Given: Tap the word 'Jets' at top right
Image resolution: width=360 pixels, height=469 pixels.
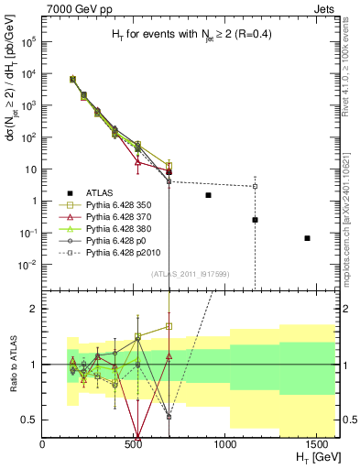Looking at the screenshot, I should [323, 8].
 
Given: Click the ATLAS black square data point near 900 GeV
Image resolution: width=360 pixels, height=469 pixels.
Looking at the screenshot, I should [209, 195].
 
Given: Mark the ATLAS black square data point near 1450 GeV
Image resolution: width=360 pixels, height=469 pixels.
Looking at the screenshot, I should [308, 238].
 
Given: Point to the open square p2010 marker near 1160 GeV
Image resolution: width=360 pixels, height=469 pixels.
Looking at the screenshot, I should [256, 187].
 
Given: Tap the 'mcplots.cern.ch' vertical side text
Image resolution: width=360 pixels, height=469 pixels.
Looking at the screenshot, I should [349, 183].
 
